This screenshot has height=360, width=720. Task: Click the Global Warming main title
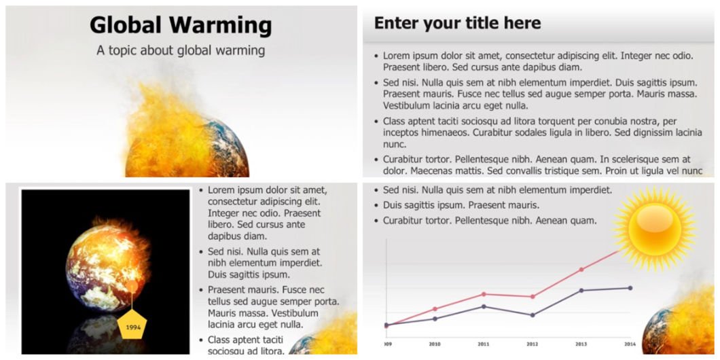181,25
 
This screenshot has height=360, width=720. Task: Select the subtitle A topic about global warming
181,50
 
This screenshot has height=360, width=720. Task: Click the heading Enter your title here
457,23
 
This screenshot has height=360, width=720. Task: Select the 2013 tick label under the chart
581,344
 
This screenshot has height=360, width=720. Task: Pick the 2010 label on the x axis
435,344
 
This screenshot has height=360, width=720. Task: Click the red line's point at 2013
581,270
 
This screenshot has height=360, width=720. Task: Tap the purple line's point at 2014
630,288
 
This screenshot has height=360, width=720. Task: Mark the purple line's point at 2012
533,315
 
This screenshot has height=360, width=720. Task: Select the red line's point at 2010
435,308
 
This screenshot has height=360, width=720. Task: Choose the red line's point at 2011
484,294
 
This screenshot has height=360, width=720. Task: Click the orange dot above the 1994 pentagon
132,287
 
